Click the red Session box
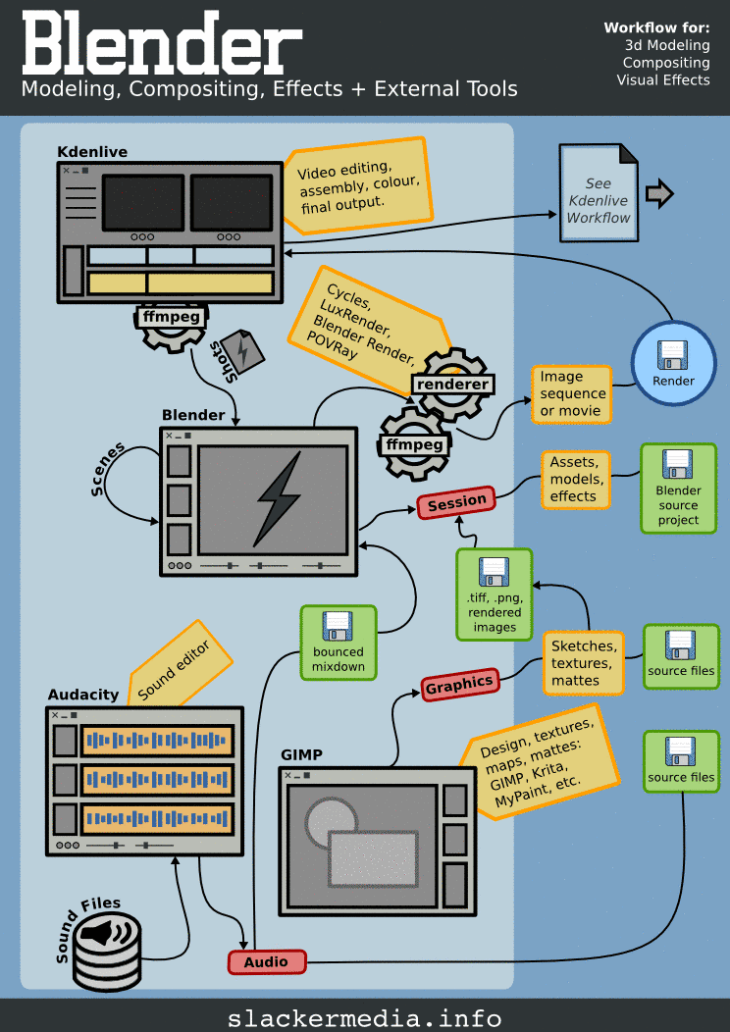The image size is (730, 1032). point(456,503)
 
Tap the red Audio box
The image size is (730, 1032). point(267,962)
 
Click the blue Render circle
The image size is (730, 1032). point(673,363)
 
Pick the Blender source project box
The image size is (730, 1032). point(678,489)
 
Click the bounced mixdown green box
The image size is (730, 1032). point(339,643)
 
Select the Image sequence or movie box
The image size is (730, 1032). point(572,393)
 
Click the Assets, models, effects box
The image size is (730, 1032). point(574,479)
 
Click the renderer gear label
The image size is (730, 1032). point(451,384)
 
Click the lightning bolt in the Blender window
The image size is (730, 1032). point(276,499)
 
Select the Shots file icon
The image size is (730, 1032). point(241,350)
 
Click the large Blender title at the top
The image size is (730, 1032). point(162,44)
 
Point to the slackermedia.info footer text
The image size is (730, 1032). point(364,1017)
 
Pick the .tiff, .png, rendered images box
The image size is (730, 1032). point(494,595)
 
